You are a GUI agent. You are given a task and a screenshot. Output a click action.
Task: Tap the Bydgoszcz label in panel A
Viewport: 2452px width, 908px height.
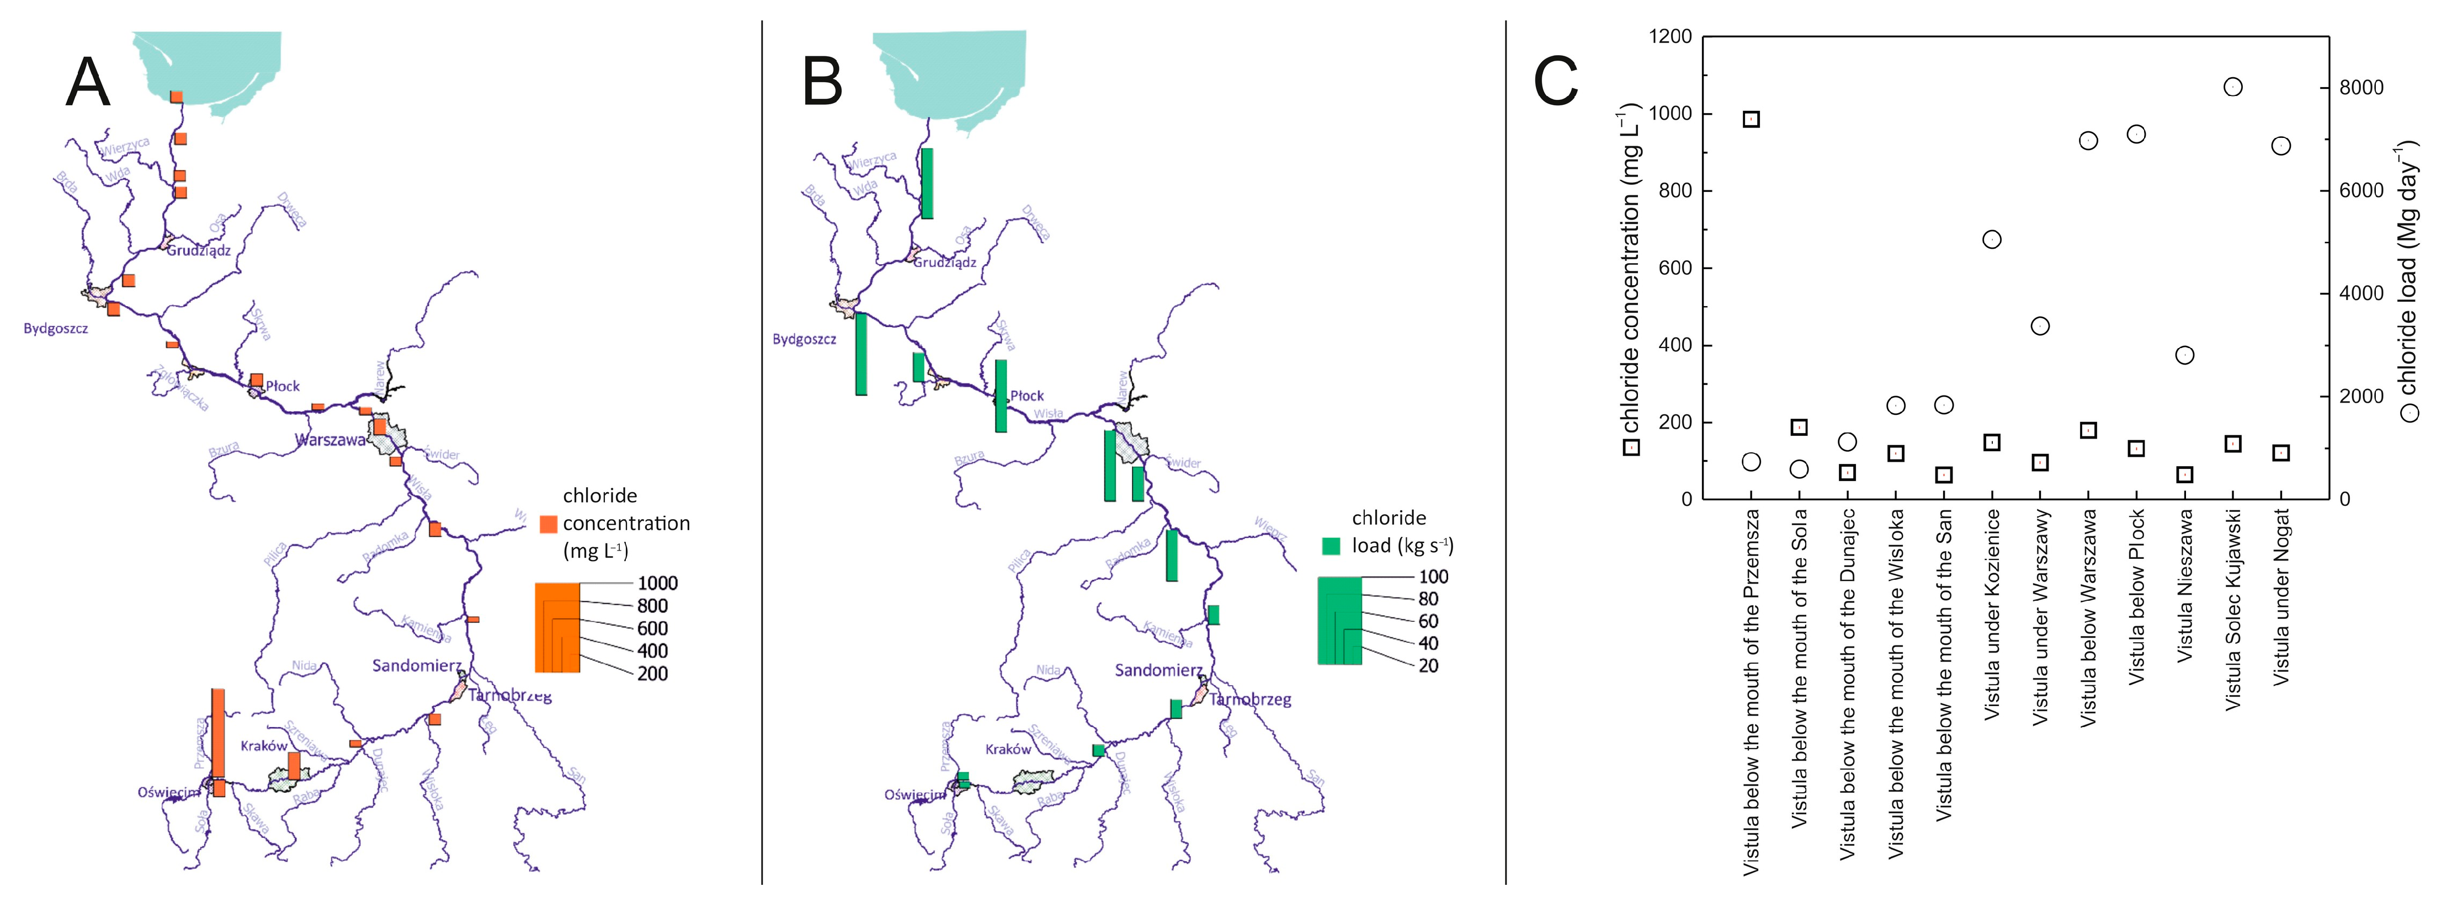(x=55, y=328)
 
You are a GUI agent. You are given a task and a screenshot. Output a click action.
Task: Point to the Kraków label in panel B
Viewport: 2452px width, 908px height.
(x=1008, y=749)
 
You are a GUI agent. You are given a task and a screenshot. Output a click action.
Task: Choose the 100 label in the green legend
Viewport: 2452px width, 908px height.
(x=1433, y=577)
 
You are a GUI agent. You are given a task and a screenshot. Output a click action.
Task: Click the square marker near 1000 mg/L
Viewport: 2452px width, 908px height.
(x=1751, y=119)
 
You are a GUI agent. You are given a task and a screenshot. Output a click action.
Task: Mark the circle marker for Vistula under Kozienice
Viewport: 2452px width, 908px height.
(x=1991, y=239)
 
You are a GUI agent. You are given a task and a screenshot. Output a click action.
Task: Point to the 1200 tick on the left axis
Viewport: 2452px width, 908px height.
(x=1669, y=37)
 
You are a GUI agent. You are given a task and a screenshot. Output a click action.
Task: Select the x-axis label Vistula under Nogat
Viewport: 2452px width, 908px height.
(x=2281, y=597)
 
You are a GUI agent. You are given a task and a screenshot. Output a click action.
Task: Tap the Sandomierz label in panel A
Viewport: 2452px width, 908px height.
(x=416, y=665)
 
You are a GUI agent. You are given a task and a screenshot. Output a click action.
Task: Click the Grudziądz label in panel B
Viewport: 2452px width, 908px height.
(x=944, y=261)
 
